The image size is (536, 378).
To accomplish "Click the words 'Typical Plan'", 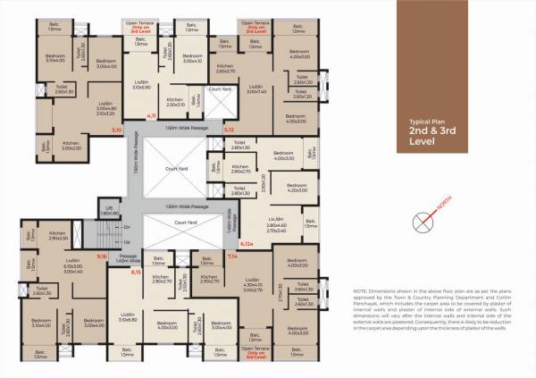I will [x=426, y=120].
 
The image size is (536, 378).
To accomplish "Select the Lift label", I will [x=109, y=212].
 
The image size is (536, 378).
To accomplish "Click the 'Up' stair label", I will [x=126, y=241].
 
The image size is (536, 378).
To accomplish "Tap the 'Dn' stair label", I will [x=126, y=226].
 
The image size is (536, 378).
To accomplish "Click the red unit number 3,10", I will [x=115, y=130].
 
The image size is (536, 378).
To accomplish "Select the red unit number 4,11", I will [x=152, y=116].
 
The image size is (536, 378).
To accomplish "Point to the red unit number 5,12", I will [x=229, y=130].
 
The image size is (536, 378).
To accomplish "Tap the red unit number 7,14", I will [x=232, y=256].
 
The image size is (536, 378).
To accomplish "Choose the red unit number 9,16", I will [x=102, y=256].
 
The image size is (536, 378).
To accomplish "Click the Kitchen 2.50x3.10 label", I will [x=175, y=101].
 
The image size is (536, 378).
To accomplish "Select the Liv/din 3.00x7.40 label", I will [x=255, y=88].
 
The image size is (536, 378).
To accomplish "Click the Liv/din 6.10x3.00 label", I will [x=72, y=265].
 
